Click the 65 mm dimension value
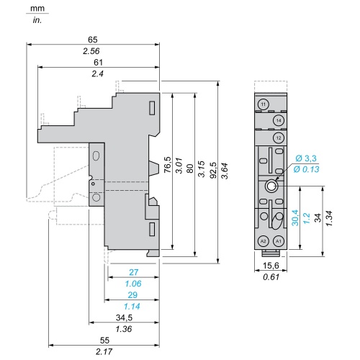click(x=93, y=40)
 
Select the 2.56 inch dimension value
click(x=91, y=51)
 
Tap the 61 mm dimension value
click(x=98, y=63)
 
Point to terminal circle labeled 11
click(x=264, y=104)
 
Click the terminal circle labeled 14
click(x=279, y=120)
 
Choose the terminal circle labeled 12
click(x=279, y=138)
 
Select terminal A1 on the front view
click(x=279, y=241)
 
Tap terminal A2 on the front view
click(x=264, y=241)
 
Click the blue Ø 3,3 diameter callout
click(x=306, y=158)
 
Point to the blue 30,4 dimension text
click(x=295, y=217)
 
